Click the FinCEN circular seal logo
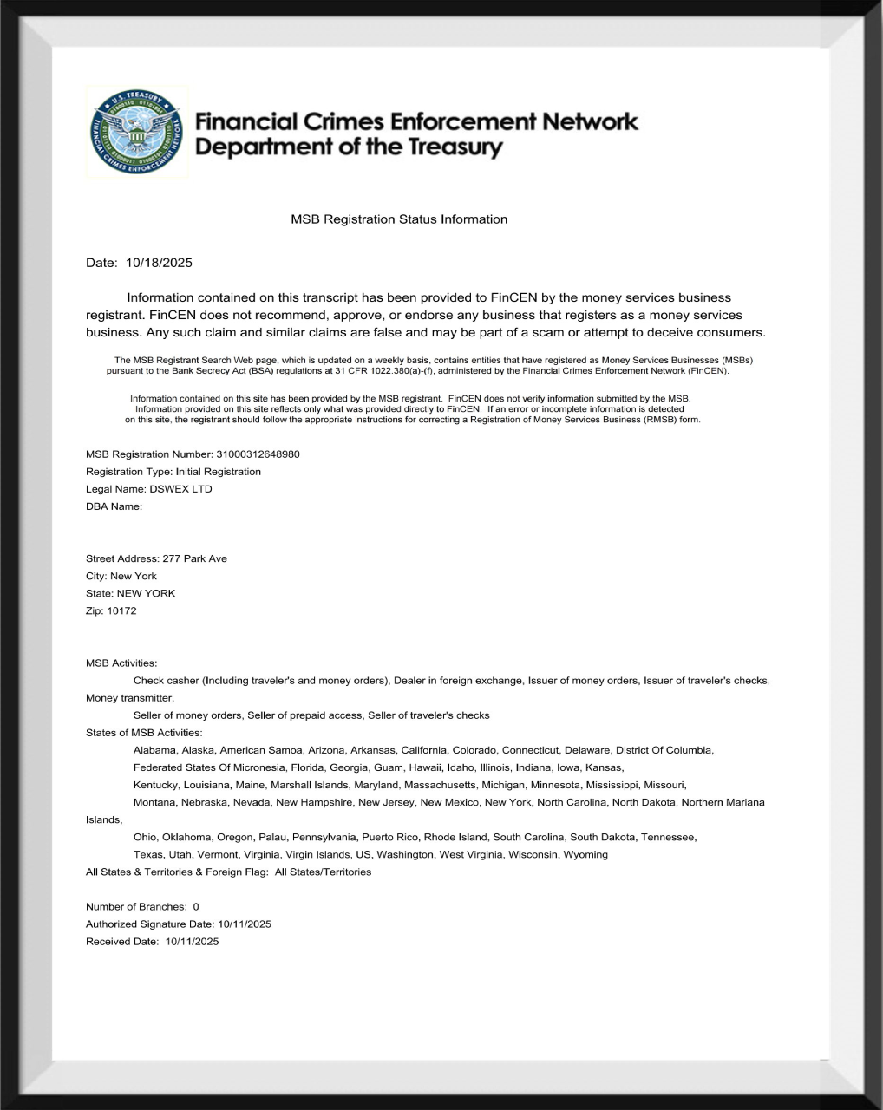pos(137,132)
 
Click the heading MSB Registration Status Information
pos(399,219)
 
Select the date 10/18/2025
pos(159,263)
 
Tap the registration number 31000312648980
pos(258,454)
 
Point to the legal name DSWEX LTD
pos(180,489)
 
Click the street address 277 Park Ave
pos(194,558)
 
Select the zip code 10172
pos(121,610)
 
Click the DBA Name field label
pos(114,506)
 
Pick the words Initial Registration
pos(218,472)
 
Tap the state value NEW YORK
pos(146,593)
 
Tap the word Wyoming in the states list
pos(585,854)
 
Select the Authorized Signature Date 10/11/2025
pos(245,924)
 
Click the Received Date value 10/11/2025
pos(192,942)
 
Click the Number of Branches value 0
pos(196,907)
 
